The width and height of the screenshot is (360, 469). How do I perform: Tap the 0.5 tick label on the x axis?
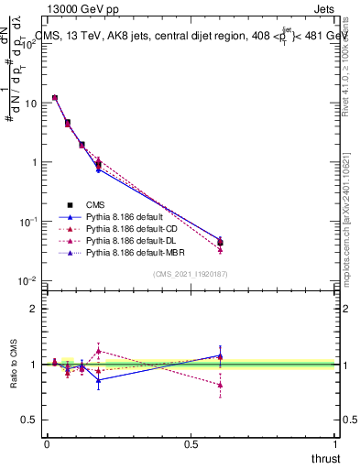coord(191,443)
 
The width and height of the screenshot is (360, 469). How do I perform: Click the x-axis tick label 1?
coord(335,443)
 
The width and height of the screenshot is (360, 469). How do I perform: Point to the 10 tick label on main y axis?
coord(29,104)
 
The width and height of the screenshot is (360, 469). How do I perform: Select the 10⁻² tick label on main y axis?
coord(27,280)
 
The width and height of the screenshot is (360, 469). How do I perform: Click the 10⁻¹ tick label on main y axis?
coord(27,222)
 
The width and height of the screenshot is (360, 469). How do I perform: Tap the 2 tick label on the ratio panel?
coord(34,309)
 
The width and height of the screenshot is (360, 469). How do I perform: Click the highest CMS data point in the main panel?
coord(55,97)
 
